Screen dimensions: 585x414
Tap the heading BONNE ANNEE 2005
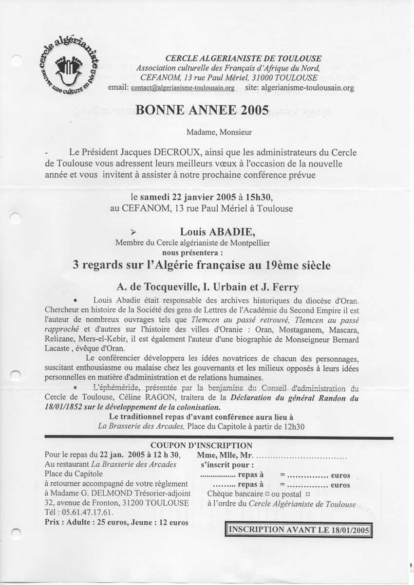(x=202, y=110)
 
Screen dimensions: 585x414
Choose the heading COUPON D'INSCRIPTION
(x=201, y=445)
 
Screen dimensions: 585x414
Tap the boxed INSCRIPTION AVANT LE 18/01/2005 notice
(x=299, y=529)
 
